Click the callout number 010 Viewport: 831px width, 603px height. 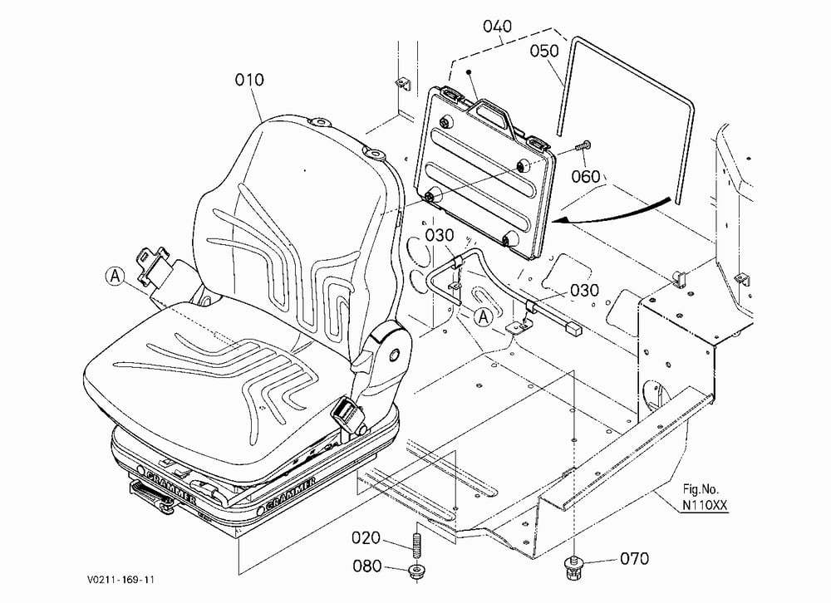tap(249, 80)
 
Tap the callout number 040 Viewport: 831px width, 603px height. tap(497, 26)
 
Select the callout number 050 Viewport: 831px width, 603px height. tap(545, 51)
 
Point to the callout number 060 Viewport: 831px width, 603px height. tap(586, 176)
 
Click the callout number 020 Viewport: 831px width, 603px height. tap(366, 538)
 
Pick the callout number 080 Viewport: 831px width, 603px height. tap(367, 566)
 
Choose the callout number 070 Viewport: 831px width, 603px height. tap(634, 559)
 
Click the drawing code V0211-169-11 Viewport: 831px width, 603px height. tap(120, 580)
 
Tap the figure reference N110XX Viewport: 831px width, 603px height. tap(705, 505)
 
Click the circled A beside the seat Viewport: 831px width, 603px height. tap(115, 277)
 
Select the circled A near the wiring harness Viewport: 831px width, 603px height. tap(483, 317)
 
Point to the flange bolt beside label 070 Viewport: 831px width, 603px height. tap(573, 567)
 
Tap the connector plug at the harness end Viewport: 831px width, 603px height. tap(573, 329)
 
